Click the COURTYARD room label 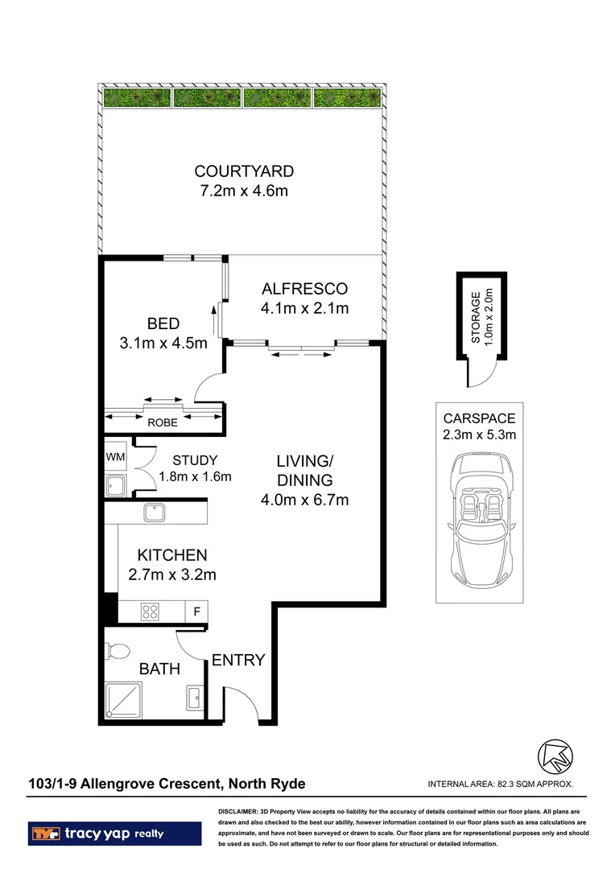[x=243, y=171]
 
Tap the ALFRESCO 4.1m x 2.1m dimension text [x=304, y=308]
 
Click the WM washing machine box [x=114, y=457]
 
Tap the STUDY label [x=194, y=460]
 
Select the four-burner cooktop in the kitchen [x=150, y=611]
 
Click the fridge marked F [x=196, y=611]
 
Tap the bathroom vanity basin [x=194, y=697]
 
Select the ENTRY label [x=238, y=661]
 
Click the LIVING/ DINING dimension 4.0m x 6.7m [x=304, y=500]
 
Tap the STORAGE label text [x=475, y=319]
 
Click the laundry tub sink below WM [x=114, y=484]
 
